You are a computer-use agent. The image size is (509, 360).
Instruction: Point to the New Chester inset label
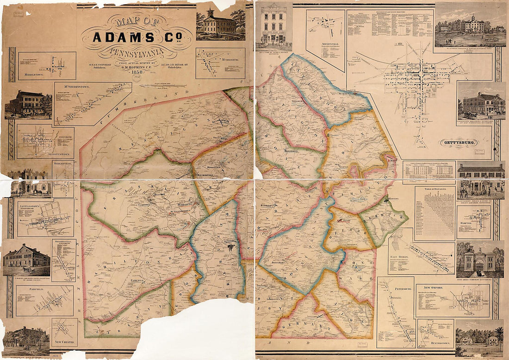tap(64, 342)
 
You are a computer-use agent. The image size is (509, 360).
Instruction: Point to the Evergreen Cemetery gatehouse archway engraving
tap(479, 262)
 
